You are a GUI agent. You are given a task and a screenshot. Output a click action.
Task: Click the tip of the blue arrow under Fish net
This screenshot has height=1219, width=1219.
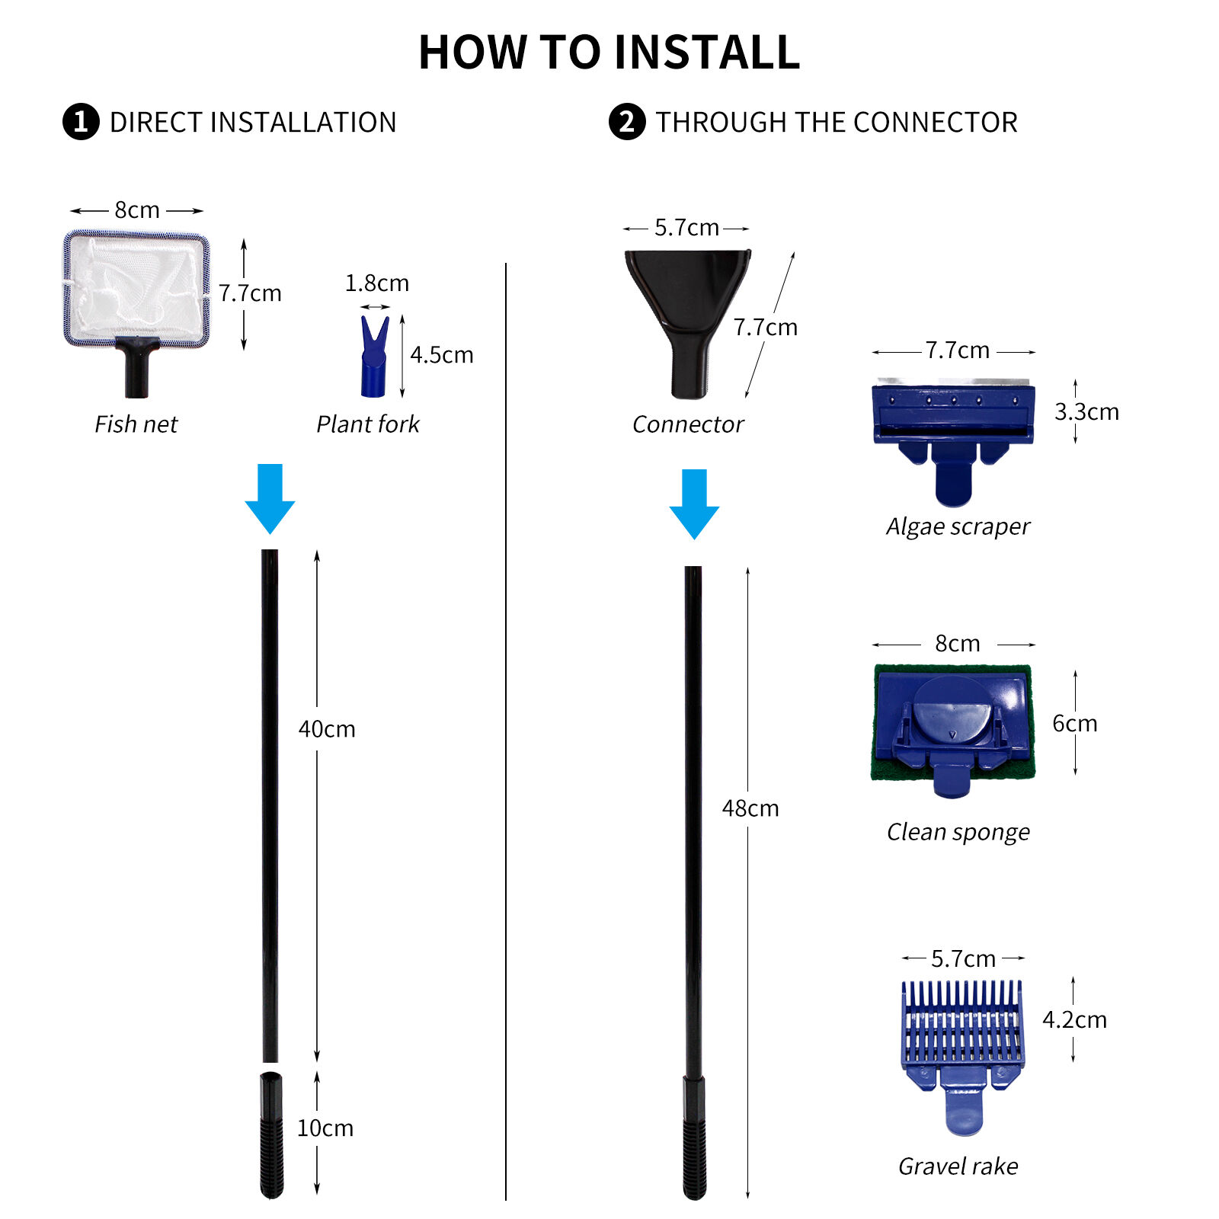270,533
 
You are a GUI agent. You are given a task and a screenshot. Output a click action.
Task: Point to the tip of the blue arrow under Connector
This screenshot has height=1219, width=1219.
694,539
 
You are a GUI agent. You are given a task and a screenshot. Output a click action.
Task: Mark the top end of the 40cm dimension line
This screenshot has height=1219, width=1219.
317,550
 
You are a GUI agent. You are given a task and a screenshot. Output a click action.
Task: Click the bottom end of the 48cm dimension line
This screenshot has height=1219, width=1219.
747,1199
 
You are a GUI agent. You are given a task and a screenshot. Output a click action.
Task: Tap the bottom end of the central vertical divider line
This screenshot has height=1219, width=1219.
506,1201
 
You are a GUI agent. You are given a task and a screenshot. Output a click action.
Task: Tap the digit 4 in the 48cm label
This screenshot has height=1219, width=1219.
728,808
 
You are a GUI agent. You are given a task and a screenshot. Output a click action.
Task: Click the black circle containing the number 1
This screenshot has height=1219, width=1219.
81,122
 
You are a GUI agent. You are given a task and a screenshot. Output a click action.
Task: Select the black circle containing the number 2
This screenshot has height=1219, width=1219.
627,122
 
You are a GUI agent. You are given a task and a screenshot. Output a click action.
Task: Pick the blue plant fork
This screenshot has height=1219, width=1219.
374,357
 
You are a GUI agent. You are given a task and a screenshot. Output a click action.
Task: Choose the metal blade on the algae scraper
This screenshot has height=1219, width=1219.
953,382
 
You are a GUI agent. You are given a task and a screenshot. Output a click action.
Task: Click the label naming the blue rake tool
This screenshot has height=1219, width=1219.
958,1166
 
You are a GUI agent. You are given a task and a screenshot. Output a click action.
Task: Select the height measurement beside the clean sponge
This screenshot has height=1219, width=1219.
1075,723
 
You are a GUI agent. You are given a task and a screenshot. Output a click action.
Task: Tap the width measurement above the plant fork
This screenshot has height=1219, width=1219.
377,283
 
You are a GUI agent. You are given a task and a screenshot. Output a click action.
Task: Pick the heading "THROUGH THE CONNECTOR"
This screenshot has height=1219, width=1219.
837,122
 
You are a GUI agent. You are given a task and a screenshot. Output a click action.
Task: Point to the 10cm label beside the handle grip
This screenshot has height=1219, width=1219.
325,1128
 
